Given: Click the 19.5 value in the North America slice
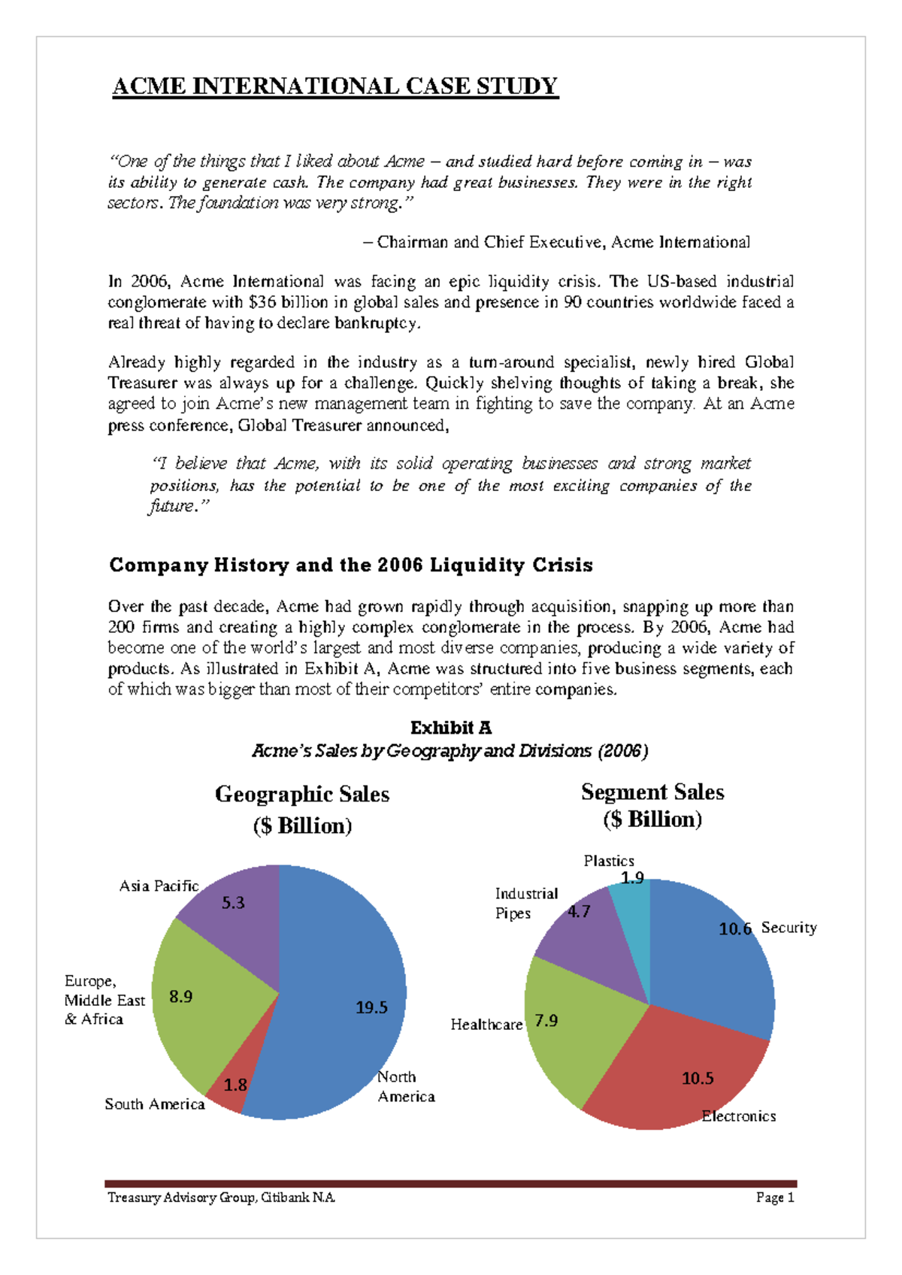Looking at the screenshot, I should (371, 1007).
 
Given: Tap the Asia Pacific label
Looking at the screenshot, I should (159, 886).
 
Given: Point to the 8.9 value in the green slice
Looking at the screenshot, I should (180, 997).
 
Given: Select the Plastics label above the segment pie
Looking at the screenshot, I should (609, 861).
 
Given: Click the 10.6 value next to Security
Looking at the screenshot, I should (735, 929).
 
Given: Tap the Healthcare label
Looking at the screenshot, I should (486, 1025).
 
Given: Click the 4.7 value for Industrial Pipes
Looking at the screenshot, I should (579, 912).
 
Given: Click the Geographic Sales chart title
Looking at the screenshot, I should (302, 809).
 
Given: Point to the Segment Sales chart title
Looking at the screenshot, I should (652, 805).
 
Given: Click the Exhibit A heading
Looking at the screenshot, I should (451, 728).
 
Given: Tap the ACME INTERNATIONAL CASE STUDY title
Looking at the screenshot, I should (335, 86).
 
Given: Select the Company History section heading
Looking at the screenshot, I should (350, 565).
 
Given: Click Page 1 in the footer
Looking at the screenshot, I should (775, 1198).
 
